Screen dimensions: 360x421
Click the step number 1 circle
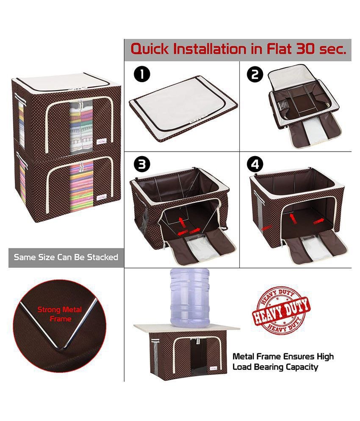[x=142, y=74]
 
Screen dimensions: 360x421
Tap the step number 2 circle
[x=255, y=74]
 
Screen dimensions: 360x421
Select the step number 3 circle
[x=142, y=164]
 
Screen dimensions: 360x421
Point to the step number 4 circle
[x=255, y=164]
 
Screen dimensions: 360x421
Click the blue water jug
[x=190, y=297]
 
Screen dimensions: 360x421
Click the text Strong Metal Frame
[x=59, y=314]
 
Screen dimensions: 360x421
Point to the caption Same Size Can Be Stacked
[x=66, y=257]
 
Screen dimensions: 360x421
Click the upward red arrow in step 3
[x=183, y=223]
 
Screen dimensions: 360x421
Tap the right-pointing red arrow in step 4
[x=319, y=221]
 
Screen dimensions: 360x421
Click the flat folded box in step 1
[x=183, y=109]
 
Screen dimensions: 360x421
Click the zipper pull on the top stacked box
[x=80, y=105]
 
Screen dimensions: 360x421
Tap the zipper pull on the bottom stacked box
[x=80, y=167]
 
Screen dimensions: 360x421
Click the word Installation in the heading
[x=210, y=49]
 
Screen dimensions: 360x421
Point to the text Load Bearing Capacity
[x=275, y=367]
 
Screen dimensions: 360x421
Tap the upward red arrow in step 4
[x=292, y=218]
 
